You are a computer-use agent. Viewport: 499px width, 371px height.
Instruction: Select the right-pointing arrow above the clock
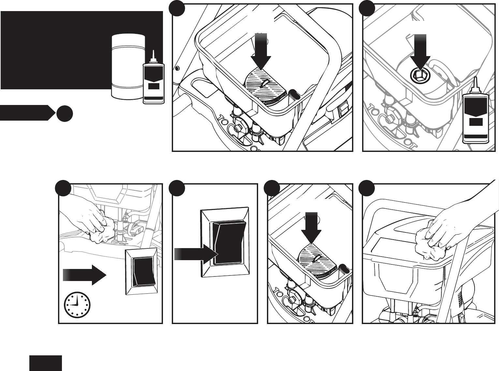pos(84,275)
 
